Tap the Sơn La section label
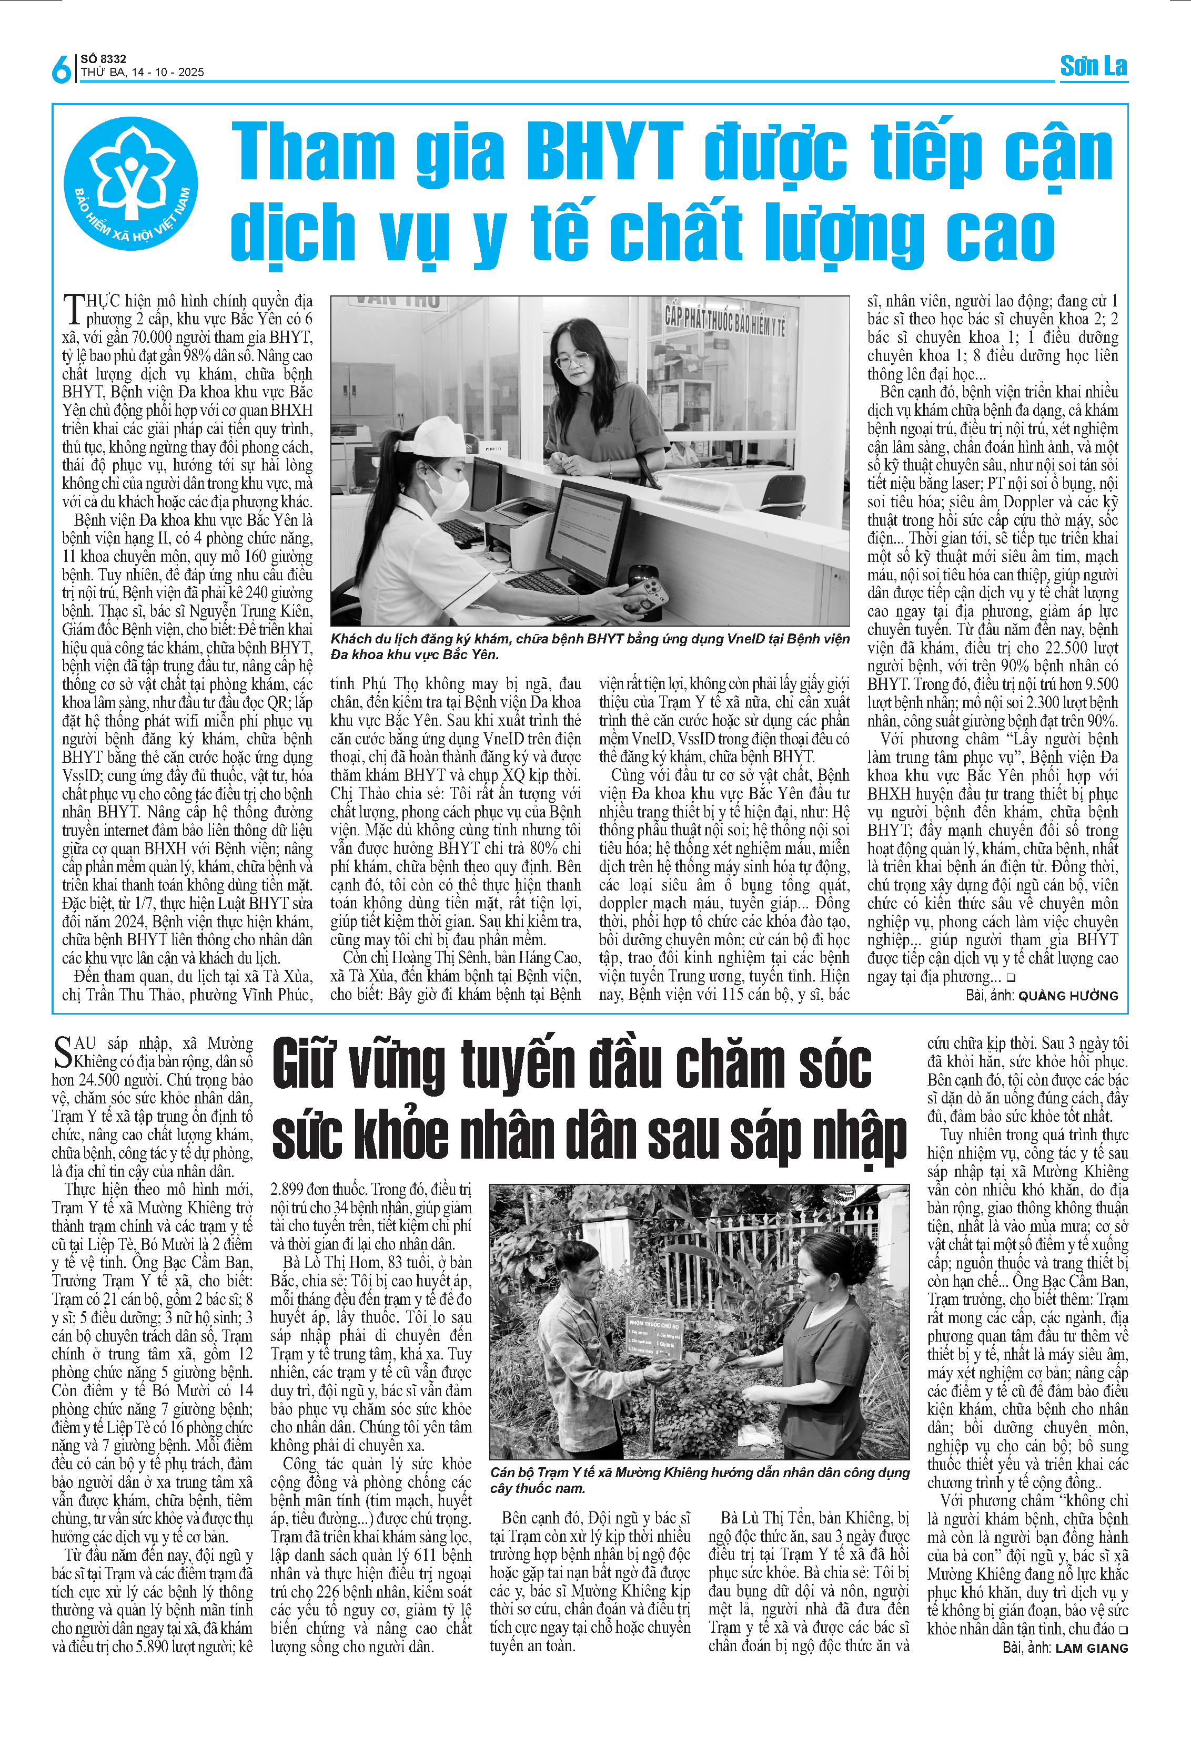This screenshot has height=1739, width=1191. tap(1093, 67)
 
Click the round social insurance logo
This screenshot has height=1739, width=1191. tap(131, 184)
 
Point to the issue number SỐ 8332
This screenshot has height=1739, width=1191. tap(103, 58)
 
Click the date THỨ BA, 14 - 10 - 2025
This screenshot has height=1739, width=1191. tap(142, 73)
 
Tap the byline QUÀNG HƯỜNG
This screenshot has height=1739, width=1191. tap(1068, 996)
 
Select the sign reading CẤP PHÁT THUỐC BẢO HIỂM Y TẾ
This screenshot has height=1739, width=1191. tap(724, 320)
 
